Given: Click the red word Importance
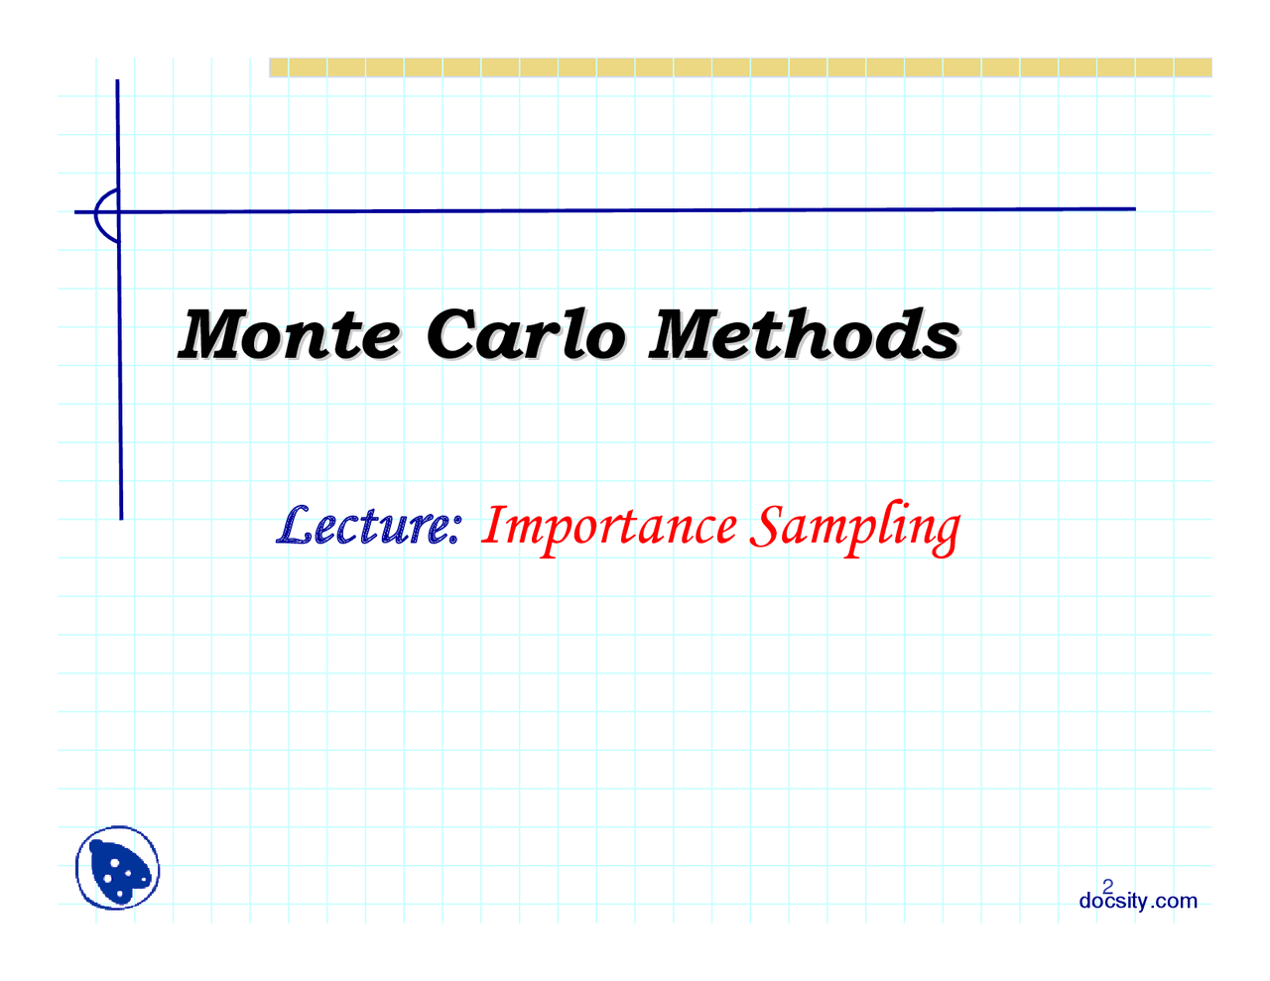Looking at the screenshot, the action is click(x=609, y=528).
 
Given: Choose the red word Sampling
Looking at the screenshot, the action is click(x=855, y=528).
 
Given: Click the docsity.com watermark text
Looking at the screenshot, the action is click(x=1138, y=901).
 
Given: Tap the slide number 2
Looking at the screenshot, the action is click(x=1107, y=887).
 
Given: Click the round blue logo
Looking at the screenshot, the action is click(x=117, y=868).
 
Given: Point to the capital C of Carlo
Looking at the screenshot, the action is click(x=454, y=333).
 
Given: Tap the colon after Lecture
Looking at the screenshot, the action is click(x=454, y=530).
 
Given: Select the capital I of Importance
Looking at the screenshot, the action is click(x=493, y=524).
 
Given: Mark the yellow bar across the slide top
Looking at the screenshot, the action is click(x=740, y=67).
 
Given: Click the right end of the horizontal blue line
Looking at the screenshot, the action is click(x=1136, y=208).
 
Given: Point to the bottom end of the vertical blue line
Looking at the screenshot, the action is click(x=122, y=519).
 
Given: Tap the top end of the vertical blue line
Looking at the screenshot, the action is click(x=117, y=80).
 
